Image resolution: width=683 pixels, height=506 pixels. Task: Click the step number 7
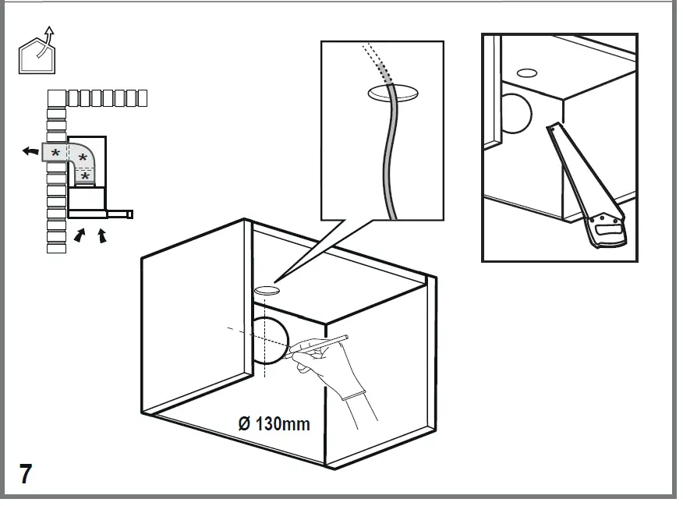pyautogui.click(x=26, y=473)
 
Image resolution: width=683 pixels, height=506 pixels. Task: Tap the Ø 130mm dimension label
pyautogui.click(x=274, y=424)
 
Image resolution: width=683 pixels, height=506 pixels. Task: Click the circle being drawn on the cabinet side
pyautogui.click(x=270, y=341)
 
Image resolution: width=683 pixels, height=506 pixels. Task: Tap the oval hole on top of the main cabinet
pyautogui.click(x=266, y=290)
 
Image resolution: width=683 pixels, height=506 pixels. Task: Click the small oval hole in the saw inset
pyautogui.click(x=527, y=73)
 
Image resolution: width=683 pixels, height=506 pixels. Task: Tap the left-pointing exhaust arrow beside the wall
pyautogui.click(x=30, y=151)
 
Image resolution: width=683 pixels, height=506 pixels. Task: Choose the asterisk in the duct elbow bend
pyautogui.click(x=82, y=159)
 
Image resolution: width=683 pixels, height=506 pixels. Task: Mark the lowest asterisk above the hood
pyautogui.click(x=85, y=176)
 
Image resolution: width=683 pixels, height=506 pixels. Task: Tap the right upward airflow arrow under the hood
pyautogui.click(x=102, y=235)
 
